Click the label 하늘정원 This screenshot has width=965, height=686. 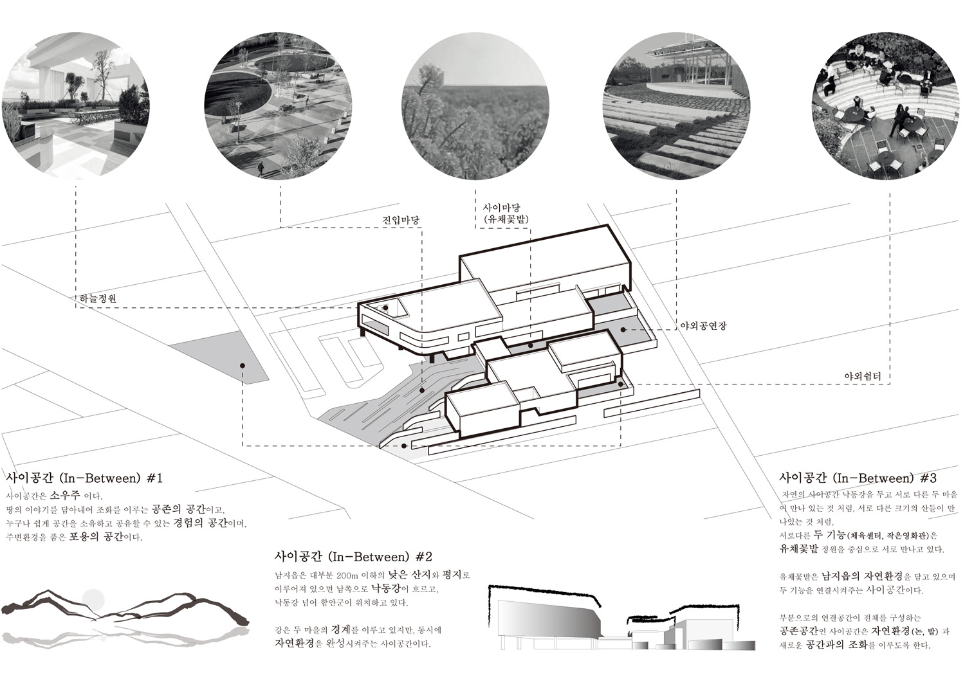tap(98, 299)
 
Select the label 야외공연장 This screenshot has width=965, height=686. tap(703, 326)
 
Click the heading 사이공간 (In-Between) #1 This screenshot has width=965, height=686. tap(84, 478)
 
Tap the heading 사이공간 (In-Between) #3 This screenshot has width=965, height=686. tap(858, 478)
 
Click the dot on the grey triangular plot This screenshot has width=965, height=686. tap(242, 365)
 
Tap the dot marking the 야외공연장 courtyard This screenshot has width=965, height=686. tap(623, 329)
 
